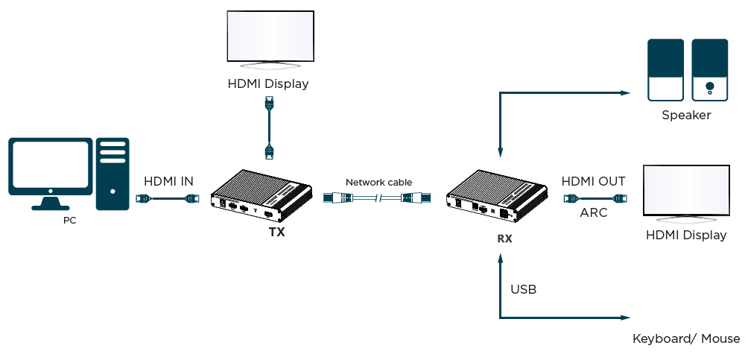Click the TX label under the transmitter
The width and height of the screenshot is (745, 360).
[x=276, y=232]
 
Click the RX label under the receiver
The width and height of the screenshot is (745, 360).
[x=504, y=239]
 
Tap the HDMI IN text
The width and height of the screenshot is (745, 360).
[x=168, y=181]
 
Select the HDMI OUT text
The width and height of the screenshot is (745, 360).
[x=593, y=181]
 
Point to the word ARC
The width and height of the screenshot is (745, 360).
[x=594, y=212]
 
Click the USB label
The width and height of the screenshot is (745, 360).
[x=524, y=288]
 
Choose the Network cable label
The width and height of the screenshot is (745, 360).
[x=378, y=182]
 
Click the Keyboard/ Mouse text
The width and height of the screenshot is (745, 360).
[x=686, y=338]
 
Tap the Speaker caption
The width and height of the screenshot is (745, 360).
[x=686, y=116]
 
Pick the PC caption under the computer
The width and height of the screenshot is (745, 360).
[x=69, y=221]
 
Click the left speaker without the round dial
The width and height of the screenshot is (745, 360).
[x=665, y=70]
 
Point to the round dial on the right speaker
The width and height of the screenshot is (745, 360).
[x=709, y=86]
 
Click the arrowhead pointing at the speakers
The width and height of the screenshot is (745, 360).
[x=625, y=93]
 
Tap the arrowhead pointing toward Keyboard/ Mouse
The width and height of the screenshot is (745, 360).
[x=625, y=318]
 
